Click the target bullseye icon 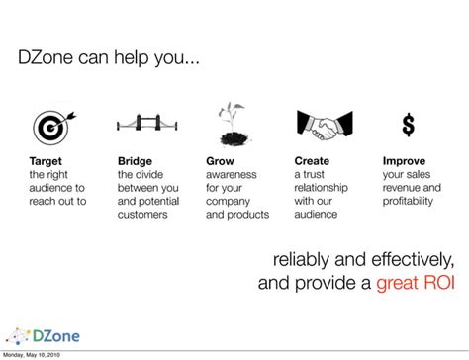point(52,128)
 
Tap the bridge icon point(147,123)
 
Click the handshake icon point(325,126)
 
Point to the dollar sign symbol point(409,125)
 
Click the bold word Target point(46,161)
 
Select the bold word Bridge point(135,161)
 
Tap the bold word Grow point(220,161)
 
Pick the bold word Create point(312,161)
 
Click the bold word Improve point(404,161)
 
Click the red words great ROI point(416,283)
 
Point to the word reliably point(301,260)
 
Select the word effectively point(413,260)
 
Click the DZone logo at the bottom point(44,336)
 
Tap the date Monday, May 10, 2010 point(32,355)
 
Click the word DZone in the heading point(46,57)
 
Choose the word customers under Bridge point(142,215)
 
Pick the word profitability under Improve point(408,201)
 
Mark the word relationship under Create point(321,188)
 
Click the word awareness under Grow point(232,175)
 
